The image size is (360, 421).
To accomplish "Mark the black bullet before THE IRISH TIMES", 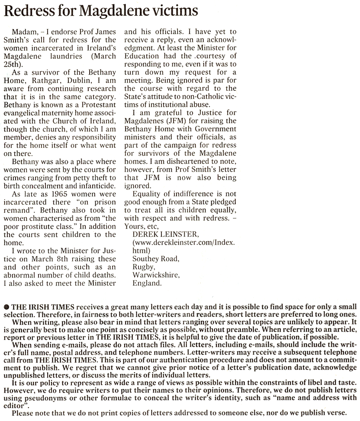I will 6,300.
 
